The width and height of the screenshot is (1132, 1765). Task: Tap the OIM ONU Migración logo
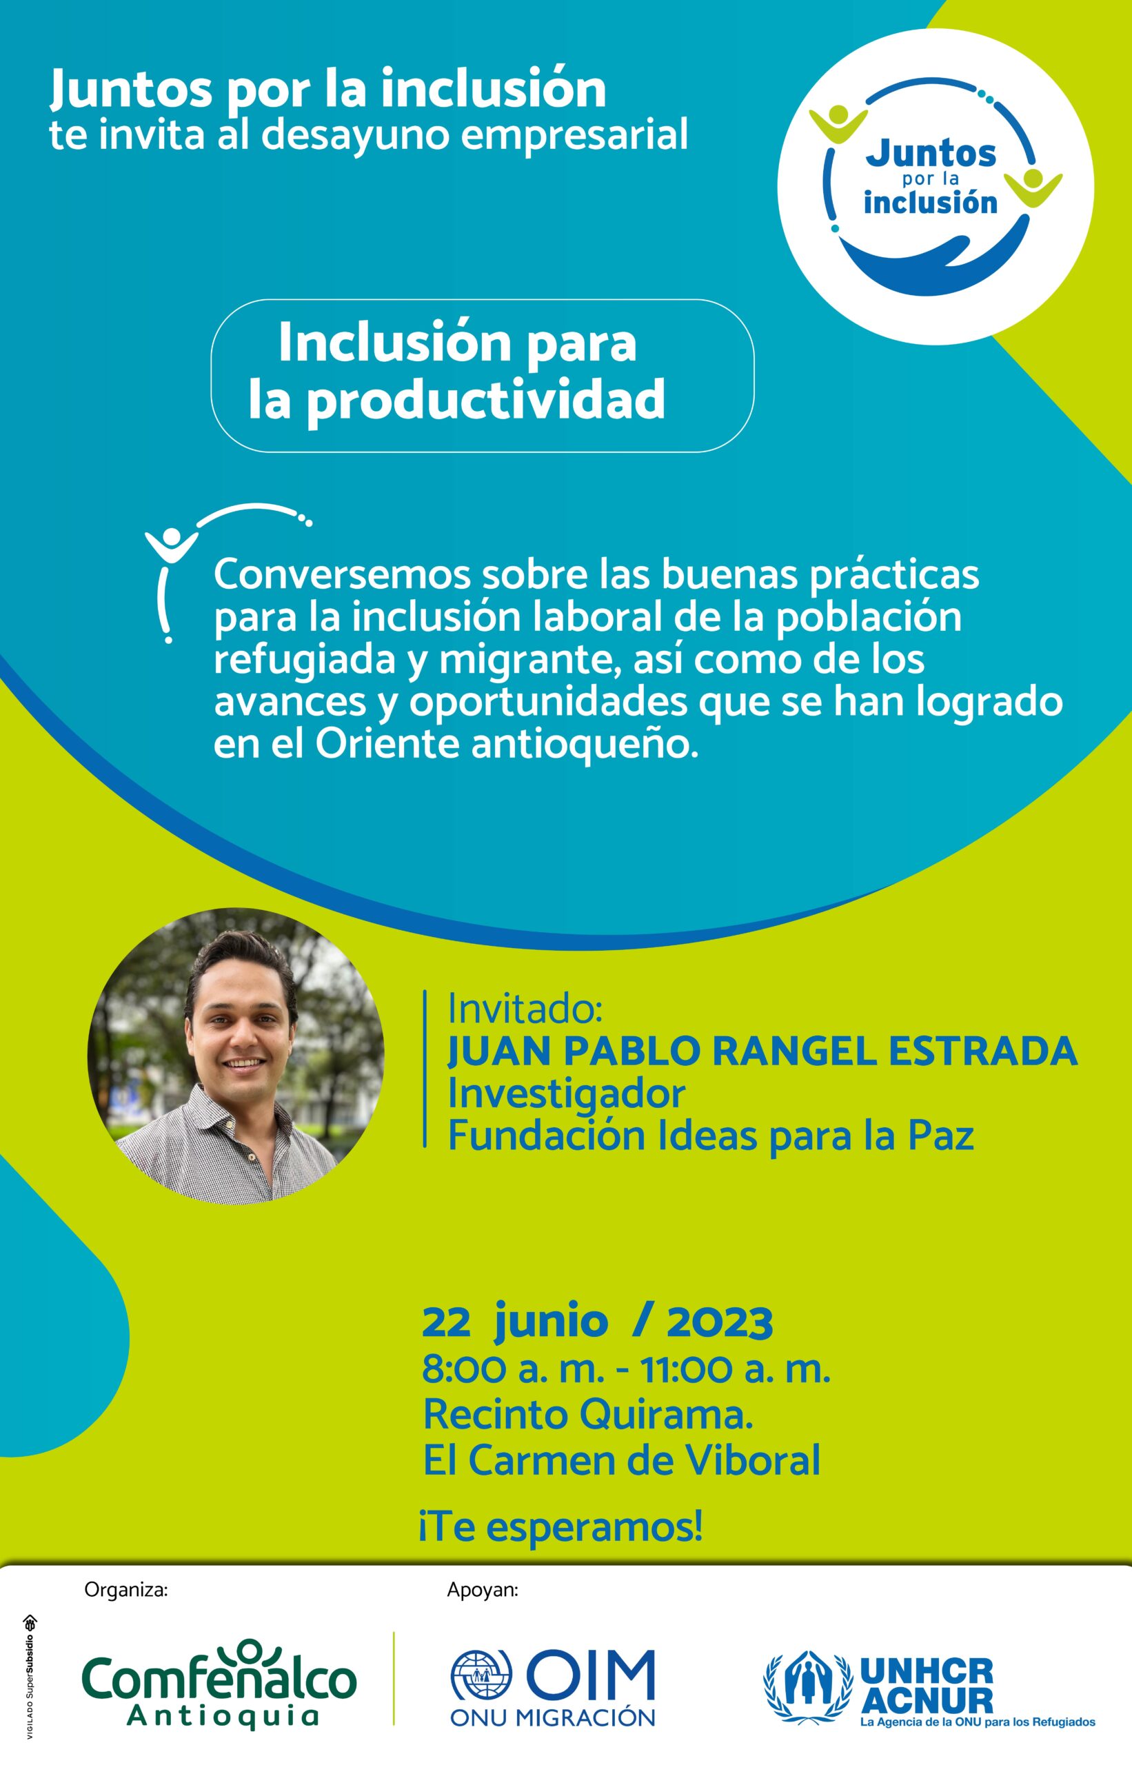click(553, 1687)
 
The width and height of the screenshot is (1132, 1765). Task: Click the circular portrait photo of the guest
click(235, 1056)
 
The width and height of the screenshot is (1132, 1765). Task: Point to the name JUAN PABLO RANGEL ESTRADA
click(762, 1051)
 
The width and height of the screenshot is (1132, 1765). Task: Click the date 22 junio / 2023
click(597, 1322)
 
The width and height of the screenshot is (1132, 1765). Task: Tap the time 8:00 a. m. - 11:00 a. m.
click(626, 1369)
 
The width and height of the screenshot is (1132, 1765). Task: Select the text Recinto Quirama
click(588, 1414)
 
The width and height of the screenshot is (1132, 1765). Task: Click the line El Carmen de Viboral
click(621, 1460)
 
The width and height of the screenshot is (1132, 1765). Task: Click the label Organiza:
click(126, 1590)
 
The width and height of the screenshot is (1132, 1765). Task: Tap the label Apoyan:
click(482, 1590)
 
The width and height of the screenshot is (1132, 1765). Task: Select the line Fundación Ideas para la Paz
click(711, 1135)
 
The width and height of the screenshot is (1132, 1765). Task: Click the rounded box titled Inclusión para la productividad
click(482, 375)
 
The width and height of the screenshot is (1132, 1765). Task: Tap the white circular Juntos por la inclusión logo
click(935, 187)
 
